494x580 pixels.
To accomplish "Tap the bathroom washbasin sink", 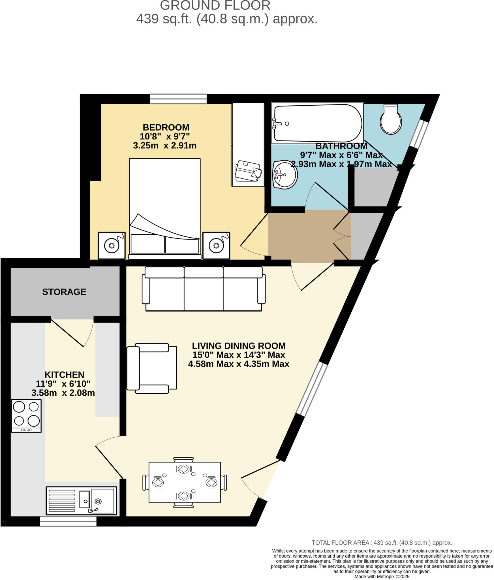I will pyautogui.click(x=285, y=174).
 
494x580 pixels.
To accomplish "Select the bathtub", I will pyautogui.click(x=317, y=123).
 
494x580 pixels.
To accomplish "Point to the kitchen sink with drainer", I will pyautogui.click(x=81, y=500).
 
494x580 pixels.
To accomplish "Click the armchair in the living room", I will pyautogui.click(x=151, y=368).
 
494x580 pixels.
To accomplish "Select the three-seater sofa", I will pyautogui.click(x=204, y=289).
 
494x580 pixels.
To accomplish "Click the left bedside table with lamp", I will pyautogui.click(x=112, y=245).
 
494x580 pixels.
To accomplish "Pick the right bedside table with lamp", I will pyautogui.click(x=216, y=245).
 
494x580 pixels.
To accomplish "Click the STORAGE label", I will pyautogui.click(x=64, y=292).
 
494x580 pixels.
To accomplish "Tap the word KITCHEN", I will pyautogui.click(x=64, y=374).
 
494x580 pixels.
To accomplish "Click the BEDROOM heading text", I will pyautogui.click(x=166, y=127).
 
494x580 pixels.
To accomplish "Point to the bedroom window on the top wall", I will pyautogui.click(x=178, y=99).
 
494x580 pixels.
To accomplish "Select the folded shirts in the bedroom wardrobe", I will pyautogui.click(x=248, y=171).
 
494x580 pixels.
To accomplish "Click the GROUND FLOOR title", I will pyautogui.click(x=215, y=6).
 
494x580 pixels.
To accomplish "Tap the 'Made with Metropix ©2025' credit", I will pyautogui.click(x=382, y=576).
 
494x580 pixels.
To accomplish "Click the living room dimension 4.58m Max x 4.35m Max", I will pyautogui.click(x=239, y=364).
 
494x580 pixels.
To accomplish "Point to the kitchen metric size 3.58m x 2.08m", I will pyautogui.click(x=63, y=393).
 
